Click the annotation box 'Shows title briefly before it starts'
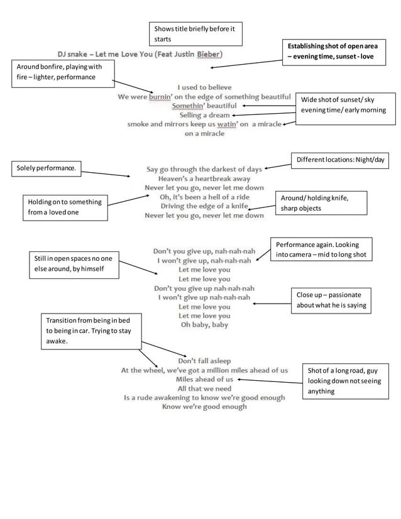(x=196, y=34)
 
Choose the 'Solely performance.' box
(x=47, y=169)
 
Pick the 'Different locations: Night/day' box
(x=340, y=160)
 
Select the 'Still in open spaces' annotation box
(x=73, y=264)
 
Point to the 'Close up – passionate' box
(x=330, y=300)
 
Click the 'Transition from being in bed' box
(x=91, y=331)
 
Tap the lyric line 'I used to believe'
(x=204, y=87)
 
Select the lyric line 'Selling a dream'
(x=204, y=115)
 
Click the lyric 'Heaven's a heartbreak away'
(x=204, y=178)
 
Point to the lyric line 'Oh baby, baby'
(x=204, y=325)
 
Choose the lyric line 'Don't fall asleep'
(x=204, y=361)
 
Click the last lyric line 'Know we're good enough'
(x=204, y=407)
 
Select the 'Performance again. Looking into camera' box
(x=321, y=249)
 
